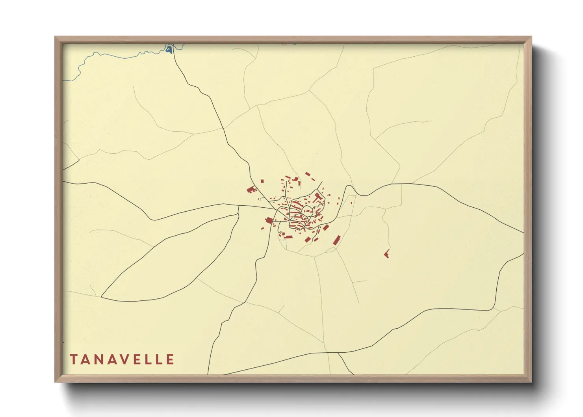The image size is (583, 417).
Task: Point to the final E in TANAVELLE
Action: (170, 359)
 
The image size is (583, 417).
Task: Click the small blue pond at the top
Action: (169, 50)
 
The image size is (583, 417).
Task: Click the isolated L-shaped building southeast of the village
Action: (387, 254)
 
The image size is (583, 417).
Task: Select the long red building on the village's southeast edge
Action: (337, 240)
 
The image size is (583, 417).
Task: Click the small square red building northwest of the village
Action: (262, 181)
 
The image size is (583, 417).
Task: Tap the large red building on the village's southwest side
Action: (269, 220)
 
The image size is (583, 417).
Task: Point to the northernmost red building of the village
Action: (307, 173)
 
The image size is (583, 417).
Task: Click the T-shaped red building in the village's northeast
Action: (318, 196)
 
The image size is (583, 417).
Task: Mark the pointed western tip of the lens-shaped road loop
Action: (102, 296)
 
